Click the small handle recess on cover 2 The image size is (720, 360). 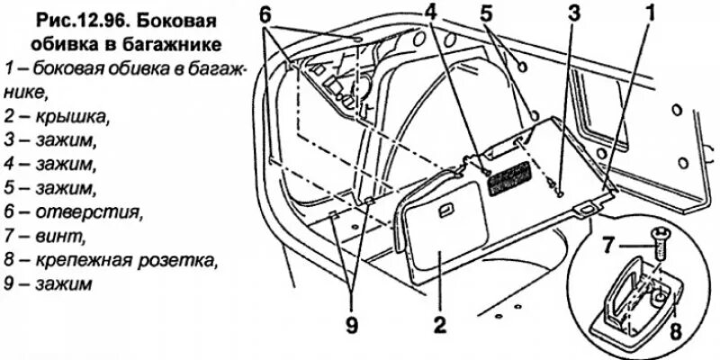pyautogui.click(x=445, y=212)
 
